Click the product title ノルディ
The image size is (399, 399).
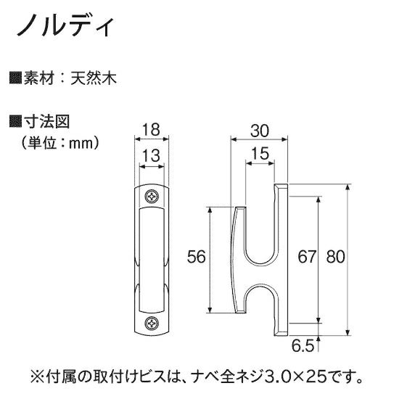(65, 26)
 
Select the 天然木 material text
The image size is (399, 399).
(94, 78)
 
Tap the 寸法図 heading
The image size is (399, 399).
(46, 122)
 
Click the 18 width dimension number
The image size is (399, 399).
(151, 129)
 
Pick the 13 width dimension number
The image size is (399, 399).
(151, 156)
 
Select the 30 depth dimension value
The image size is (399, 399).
(259, 131)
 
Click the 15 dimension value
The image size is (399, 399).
(260, 154)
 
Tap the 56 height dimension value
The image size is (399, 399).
(196, 257)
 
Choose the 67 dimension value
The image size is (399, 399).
(307, 257)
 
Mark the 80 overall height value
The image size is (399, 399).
(336, 257)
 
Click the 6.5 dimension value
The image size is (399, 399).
(303, 345)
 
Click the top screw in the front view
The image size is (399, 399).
(152, 196)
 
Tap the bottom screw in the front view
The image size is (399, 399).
(152, 323)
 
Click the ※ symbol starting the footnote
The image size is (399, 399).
(37, 378)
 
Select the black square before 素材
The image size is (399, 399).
(15, 78)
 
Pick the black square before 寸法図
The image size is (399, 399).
(15, 121)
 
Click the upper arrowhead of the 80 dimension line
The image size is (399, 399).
(348, 186)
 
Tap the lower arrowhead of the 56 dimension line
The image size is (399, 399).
(210, 310)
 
